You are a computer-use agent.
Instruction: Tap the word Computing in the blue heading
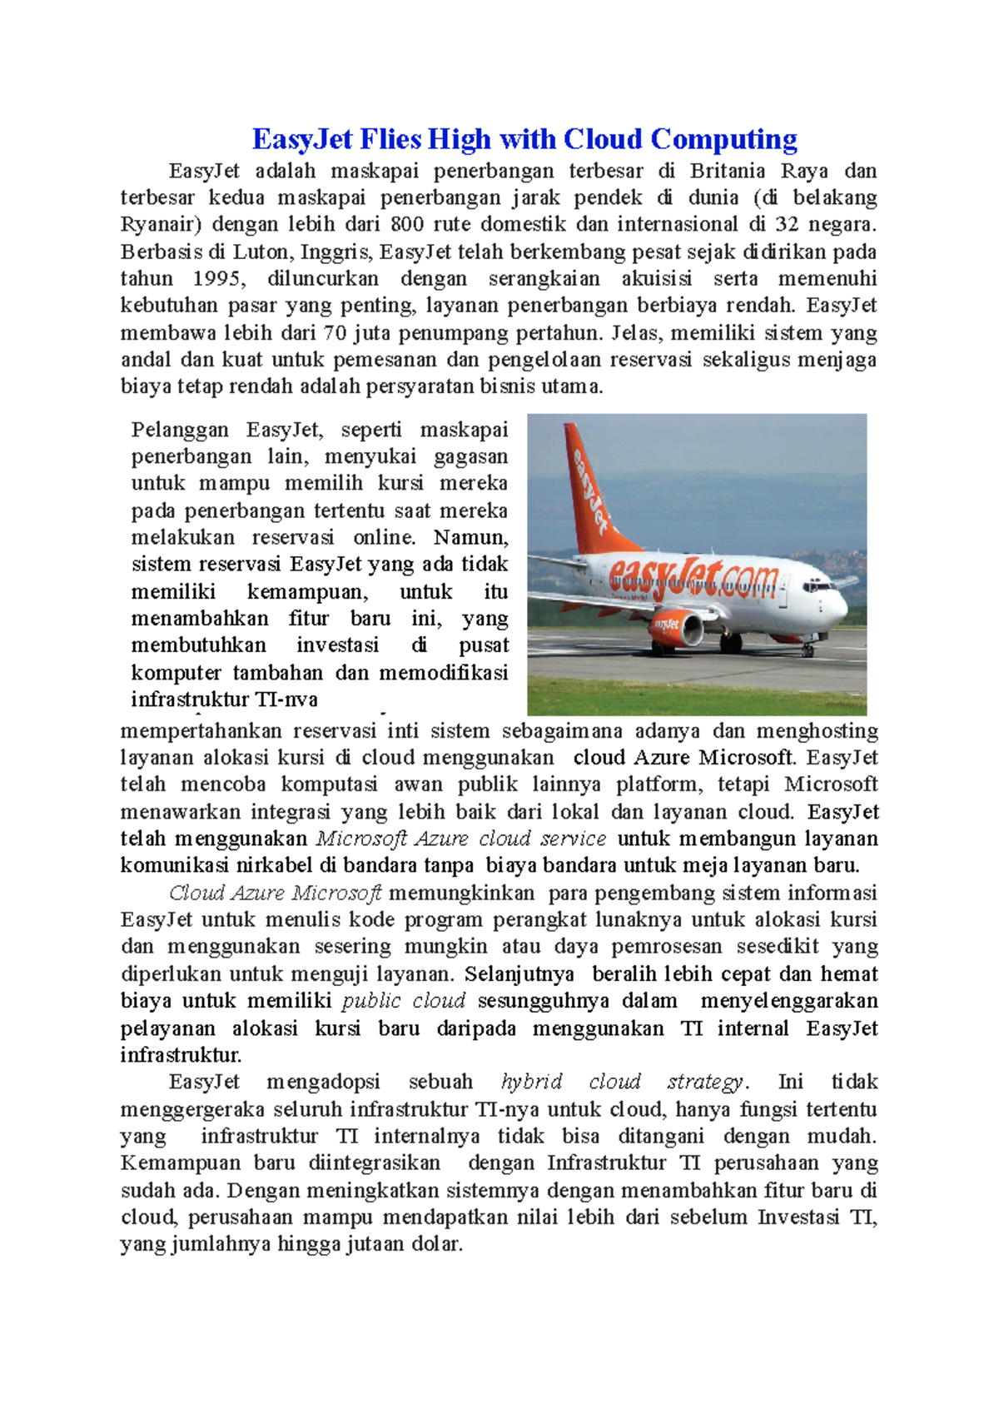[723, 139]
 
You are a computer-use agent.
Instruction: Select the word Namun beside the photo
[470, 537]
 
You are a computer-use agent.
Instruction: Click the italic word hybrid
[531, 1082]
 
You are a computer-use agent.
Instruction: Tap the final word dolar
[436, 1244]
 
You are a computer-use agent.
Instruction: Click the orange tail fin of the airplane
[586, 483]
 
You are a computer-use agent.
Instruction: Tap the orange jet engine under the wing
[678, 628]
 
